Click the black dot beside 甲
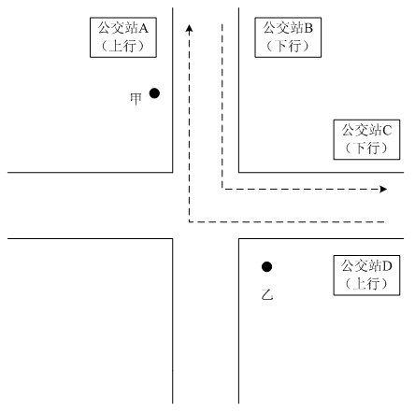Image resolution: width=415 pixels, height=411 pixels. (x=154, y=93)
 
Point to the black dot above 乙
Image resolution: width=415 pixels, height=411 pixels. (x=266, y=266)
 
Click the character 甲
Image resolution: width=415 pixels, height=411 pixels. (x=136, y=99)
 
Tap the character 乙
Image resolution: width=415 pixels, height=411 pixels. (x=267, y=294)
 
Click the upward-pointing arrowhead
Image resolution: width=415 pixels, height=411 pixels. (x=189, y=28)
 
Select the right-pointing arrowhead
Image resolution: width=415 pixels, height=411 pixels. (x=383, y=189)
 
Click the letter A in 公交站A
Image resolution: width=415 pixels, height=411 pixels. (x=143, y=29)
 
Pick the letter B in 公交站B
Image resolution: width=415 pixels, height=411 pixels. (x=308, y=29)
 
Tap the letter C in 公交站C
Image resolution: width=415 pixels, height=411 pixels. (x=387, y=131)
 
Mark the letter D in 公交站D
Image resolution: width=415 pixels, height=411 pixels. (x=387, y=266)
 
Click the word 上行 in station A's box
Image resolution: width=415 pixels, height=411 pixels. (x=123, y=46)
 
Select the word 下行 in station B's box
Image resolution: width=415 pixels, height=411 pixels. (x=288, y=46)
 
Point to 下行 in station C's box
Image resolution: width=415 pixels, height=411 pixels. (x=366, y=149)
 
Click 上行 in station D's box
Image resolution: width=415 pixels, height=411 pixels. (x=366, y=284)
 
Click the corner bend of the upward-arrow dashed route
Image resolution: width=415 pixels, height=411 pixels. (x=189, y=222)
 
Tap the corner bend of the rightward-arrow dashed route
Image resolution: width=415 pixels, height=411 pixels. (x=222, y=189)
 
